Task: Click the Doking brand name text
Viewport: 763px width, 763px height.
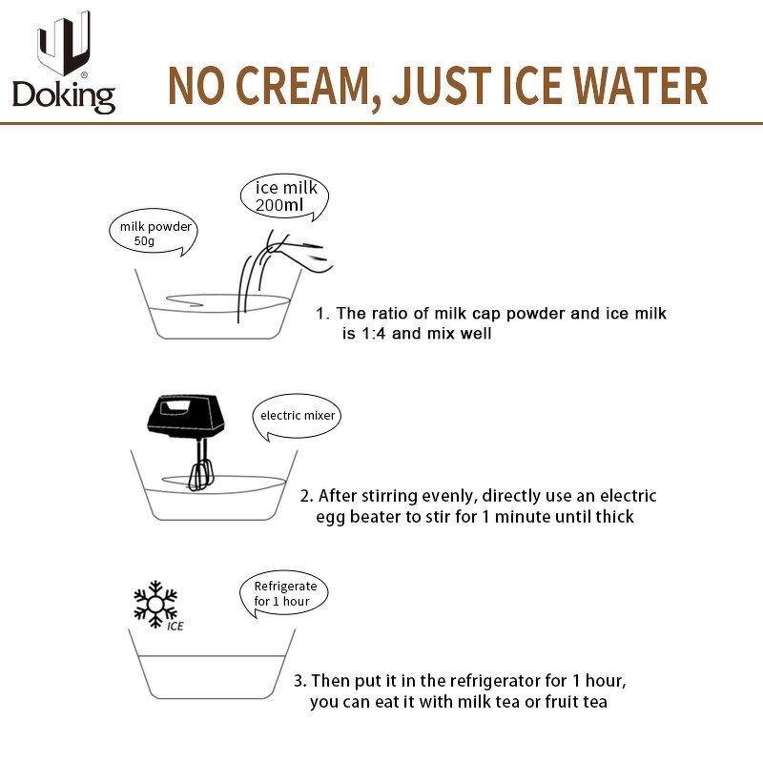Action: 64,97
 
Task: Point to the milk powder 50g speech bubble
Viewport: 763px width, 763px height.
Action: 154,233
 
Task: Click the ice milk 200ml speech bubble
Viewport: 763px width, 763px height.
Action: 284,197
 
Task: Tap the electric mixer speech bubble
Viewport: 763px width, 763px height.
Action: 297,417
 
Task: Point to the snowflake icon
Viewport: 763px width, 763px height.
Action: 155,604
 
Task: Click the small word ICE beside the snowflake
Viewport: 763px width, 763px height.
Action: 175,627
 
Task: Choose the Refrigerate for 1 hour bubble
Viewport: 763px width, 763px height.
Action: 284,593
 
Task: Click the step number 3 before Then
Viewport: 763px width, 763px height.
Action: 298,681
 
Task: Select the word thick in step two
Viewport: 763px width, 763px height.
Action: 614,516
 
